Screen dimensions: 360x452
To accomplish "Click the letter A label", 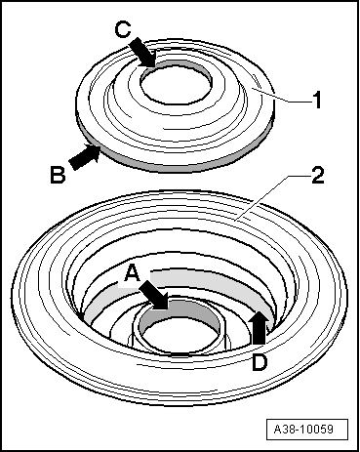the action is tap(133, 273).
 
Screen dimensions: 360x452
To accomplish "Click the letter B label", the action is tap(58, 175).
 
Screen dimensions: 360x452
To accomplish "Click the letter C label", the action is tap(123, 30).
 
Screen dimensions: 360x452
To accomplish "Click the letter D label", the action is tap(260, 362).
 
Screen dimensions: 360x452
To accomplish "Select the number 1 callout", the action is tap(316, 100).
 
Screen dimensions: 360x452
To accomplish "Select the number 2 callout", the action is tap(318, 175).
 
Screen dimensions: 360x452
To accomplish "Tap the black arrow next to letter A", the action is tap(154, 295).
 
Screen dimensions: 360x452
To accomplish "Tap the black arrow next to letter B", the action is tap(85, 157).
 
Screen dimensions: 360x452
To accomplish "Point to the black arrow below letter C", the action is tap(143, 53).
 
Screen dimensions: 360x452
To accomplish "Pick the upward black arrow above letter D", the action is tap(260, 327).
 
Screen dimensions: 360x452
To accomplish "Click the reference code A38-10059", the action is tap(303, 429).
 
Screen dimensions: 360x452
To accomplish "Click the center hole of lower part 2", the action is tap(180, 334).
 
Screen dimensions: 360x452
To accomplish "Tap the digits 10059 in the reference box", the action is tap(316, 429).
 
